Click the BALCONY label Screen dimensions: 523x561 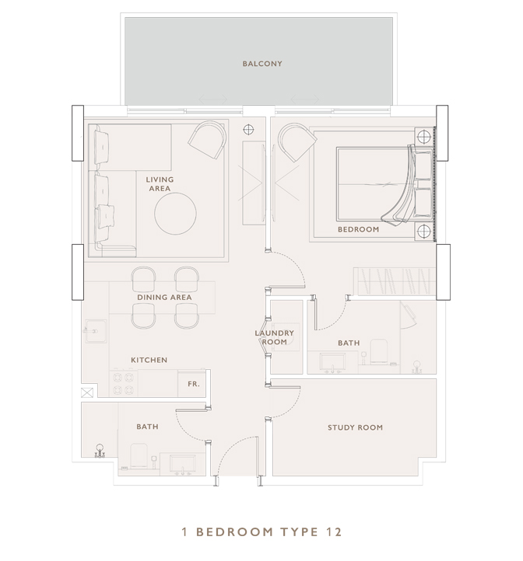[x=262, y=64]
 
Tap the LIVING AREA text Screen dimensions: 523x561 [x=160, y=184]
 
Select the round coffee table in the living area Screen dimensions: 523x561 [x=175, y=214]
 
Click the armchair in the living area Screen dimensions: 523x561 [x=208, y=139]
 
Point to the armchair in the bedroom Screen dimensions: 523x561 [x=297, y=142]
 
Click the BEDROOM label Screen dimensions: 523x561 [x=359, y=229]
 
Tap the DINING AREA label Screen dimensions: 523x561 [x=164, y=298]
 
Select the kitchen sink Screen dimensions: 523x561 [x=96, y=331]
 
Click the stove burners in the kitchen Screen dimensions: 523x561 [x=123, y=383]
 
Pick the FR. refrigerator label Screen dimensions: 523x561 [x=194, y=384]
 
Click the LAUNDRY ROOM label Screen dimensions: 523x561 [x=274, y=337]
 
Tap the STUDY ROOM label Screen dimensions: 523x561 [x=355, y=427]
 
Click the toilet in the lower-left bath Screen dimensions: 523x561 [x=139, y=455]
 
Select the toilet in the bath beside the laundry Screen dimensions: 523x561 [x=379, y=352]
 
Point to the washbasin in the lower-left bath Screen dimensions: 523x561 [x=182, y=465]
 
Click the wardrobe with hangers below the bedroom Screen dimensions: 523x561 [x=395, y=281]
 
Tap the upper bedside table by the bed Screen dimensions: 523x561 [x=424, y=136]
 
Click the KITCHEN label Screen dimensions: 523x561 [x=149, y=360]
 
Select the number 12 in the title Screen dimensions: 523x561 [x=334, y=532]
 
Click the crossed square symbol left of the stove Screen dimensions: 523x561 [x=87, y=392]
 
